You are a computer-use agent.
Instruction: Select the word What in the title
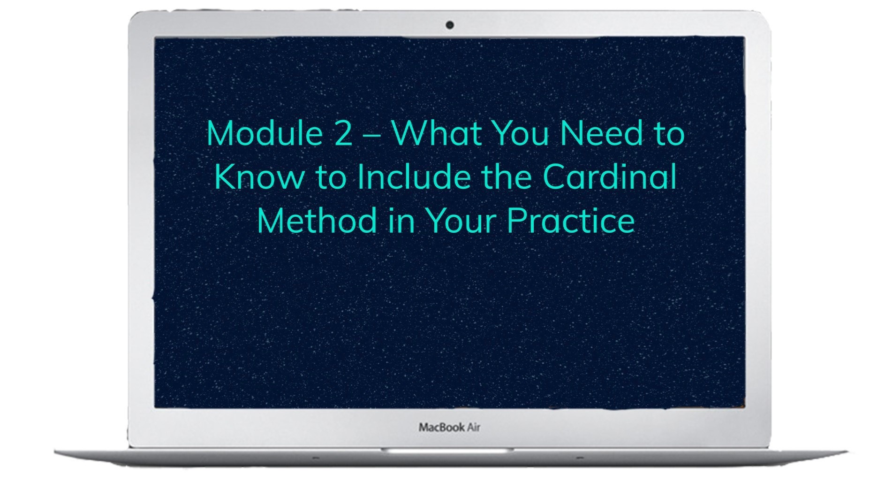437,133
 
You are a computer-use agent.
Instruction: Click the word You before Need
521,133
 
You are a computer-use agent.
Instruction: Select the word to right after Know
331,178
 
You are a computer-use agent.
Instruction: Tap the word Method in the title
317,220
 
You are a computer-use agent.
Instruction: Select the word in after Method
401,221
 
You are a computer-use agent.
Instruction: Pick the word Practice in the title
571,221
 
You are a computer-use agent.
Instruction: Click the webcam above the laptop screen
449,25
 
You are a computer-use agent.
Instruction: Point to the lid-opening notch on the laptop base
447,450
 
